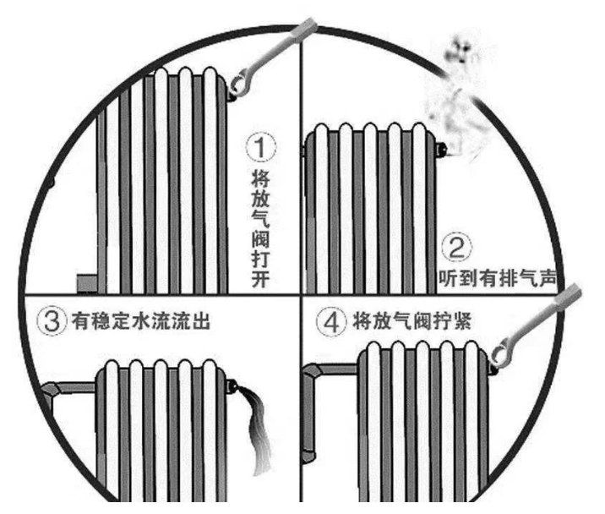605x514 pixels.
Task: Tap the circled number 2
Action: (x=456, y=249)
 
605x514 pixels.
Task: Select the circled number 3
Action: (x=53, y=322)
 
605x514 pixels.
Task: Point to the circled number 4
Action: (x=330, y=322)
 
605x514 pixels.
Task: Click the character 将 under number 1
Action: (x=260, y=178)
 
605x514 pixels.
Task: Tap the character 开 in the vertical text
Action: (x=260, y=280)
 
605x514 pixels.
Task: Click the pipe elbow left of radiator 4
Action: (x=314, y=372)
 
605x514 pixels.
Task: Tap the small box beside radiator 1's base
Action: (x=87, y=282)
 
